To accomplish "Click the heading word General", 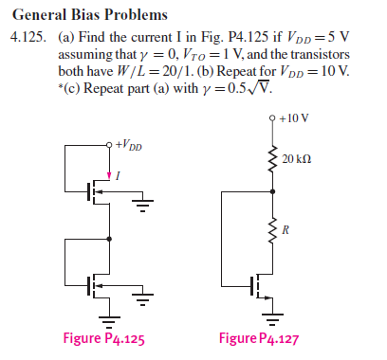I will [41, 15].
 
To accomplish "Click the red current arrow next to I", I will [106, 173].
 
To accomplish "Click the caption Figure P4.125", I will [103, 339].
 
